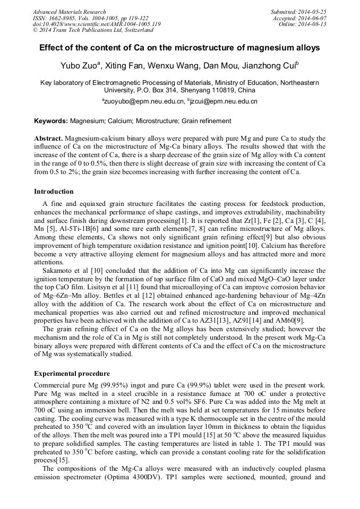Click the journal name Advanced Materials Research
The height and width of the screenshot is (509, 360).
tap(70, 12)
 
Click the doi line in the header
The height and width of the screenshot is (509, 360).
tap(97, 24)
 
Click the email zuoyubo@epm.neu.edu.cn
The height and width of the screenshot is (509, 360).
tap(143, 101)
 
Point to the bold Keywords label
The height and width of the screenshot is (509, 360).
tap(52, 121)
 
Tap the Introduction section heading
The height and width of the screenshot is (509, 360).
tap(54, 192)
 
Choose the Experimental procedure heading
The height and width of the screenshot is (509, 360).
tap(72, 373)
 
